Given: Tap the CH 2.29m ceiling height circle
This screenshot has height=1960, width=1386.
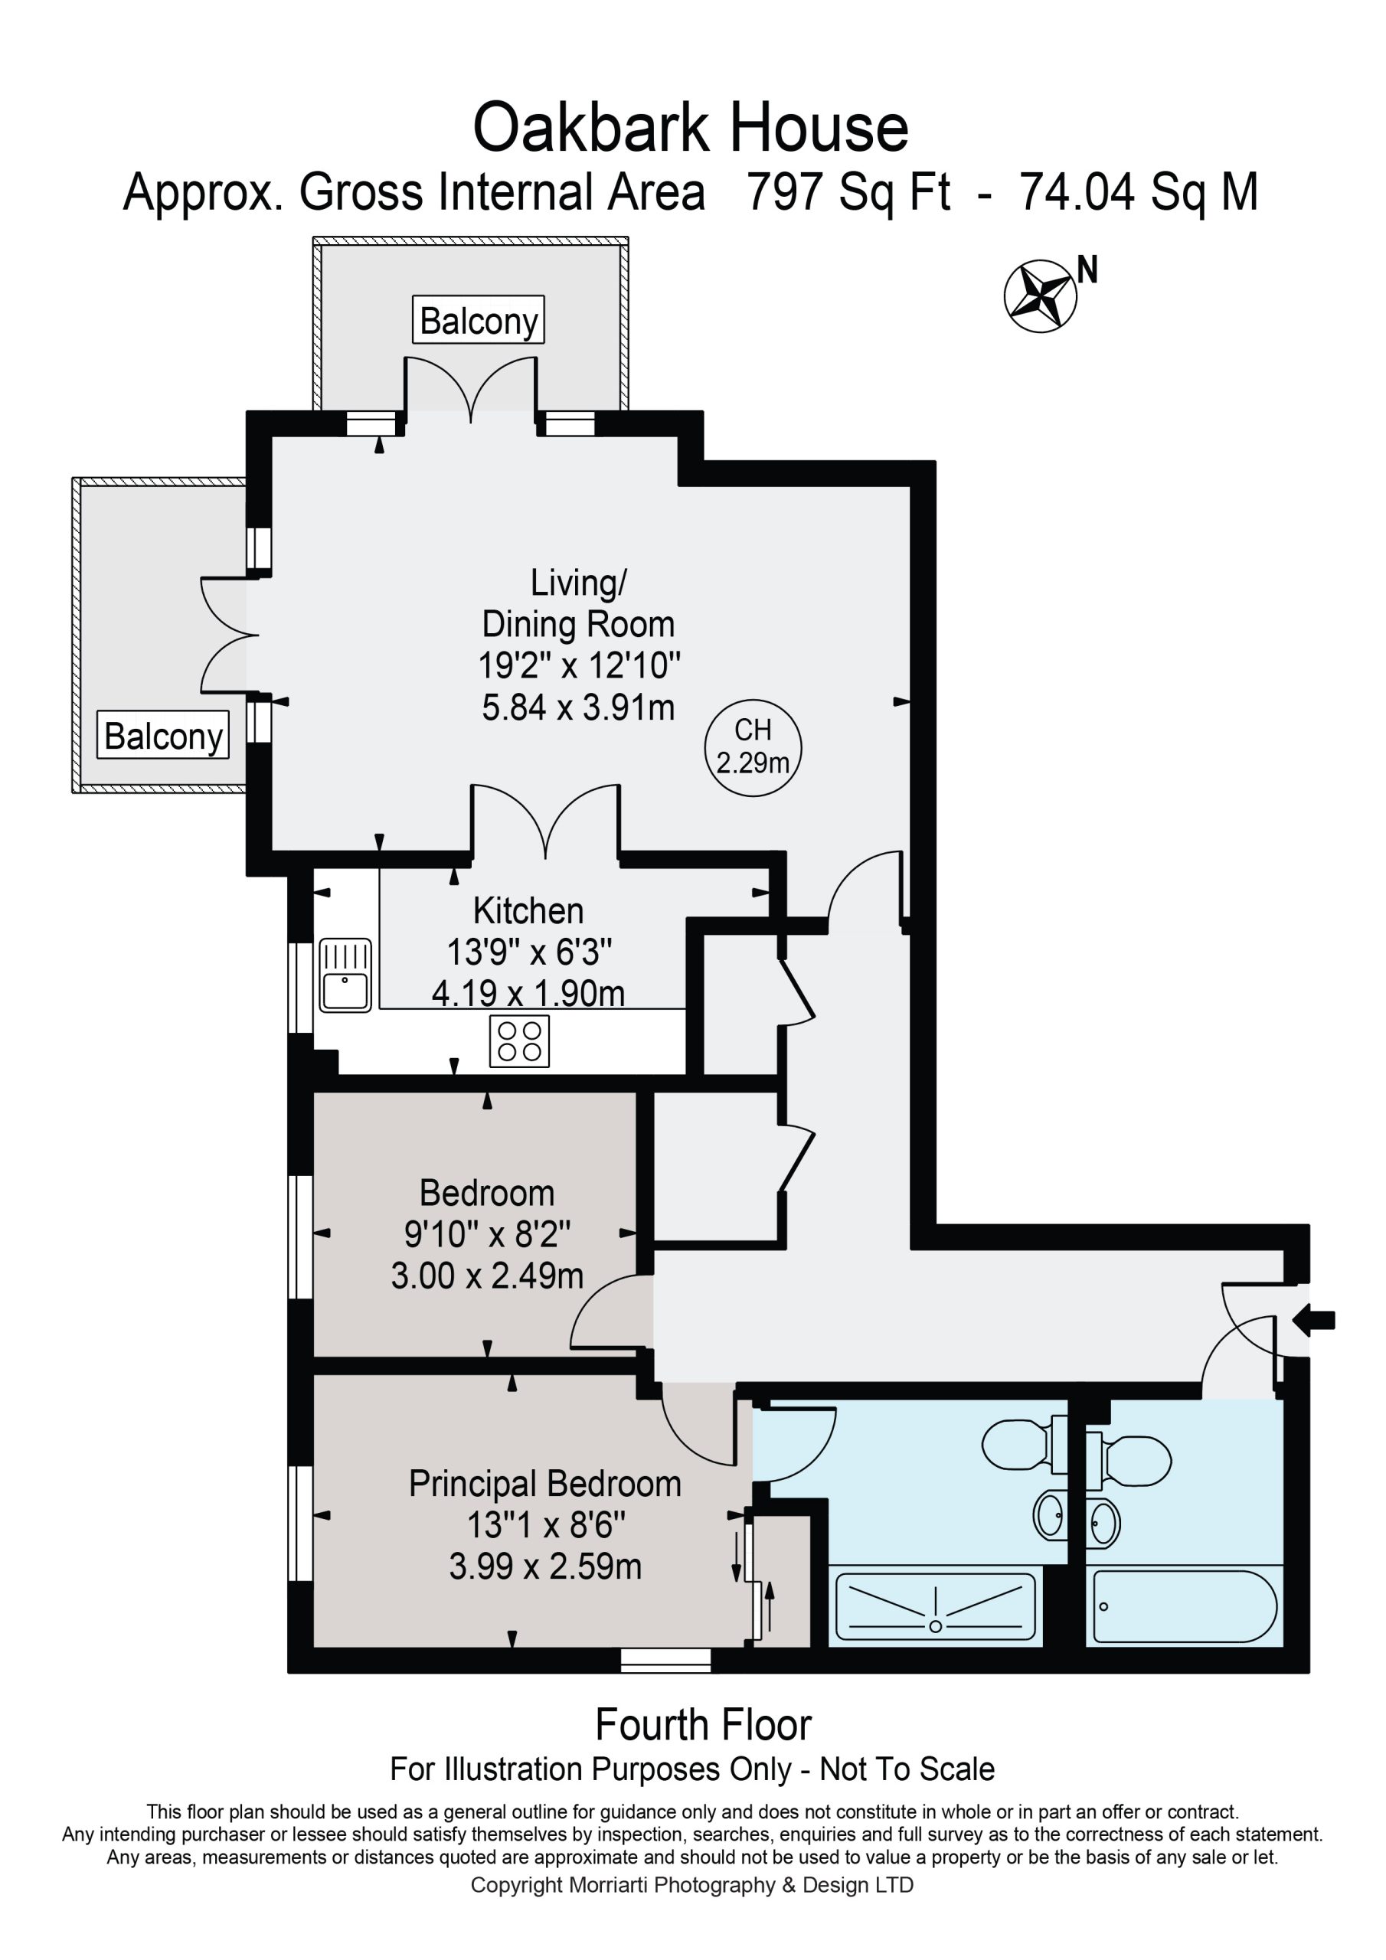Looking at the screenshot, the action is tap(753, 747).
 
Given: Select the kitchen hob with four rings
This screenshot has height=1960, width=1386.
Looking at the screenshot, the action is tap(519, 1040).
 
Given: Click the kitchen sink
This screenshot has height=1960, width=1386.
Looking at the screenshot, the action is tap(345, 975).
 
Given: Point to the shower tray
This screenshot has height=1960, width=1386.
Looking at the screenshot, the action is tap(935, 1606).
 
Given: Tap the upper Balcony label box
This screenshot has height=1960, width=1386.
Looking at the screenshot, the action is tap(479, 320).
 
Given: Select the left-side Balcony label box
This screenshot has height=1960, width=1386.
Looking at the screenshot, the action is tap(163, 735).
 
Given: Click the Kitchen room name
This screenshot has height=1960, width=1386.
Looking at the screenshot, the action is tap(528, 911).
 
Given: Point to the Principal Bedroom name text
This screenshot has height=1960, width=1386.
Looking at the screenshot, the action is tap(545, 1484).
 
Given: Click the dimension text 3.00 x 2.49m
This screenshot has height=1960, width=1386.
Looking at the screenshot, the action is tap(487, 1276).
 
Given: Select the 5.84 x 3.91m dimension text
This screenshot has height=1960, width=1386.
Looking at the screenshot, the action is tap(578, 707).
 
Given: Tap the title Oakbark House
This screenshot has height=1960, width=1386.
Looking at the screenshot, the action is tap(691, 128).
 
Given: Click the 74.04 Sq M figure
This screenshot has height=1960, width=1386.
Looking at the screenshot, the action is tap(1139, 191).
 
